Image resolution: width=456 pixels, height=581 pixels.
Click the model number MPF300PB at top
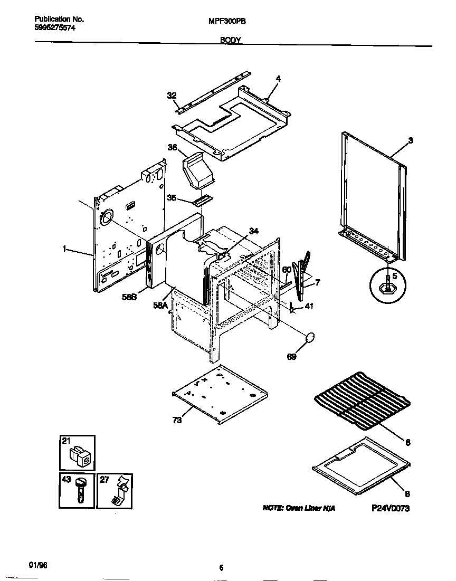click(x=225, y=22)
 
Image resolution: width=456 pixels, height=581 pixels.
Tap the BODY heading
click(x=227, y=40)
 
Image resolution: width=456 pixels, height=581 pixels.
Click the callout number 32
click(x=171, y=96)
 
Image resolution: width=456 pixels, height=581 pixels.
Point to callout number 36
click(x=172, y=148)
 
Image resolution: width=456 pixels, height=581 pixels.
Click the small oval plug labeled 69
click(x=310, y=337)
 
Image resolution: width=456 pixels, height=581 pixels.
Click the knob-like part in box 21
click(x=81, y=455)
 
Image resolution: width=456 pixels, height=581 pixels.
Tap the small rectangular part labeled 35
click(x=202, y=200)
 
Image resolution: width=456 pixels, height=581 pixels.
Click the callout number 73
click(x=177, y=420)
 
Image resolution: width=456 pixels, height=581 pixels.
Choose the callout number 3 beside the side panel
click(x=411, y=140)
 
